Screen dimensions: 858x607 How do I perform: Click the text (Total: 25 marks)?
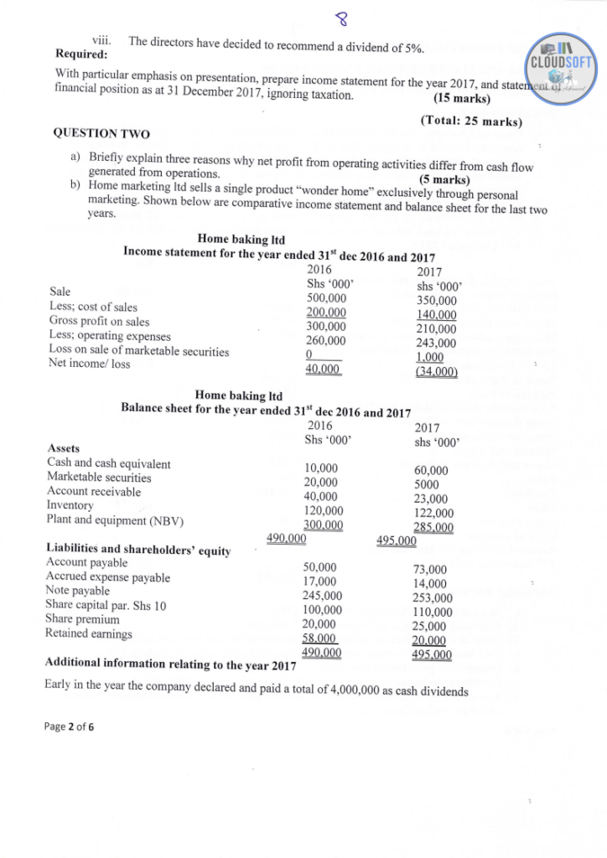click(470, 121)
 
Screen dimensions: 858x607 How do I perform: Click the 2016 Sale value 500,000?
click(326, 297)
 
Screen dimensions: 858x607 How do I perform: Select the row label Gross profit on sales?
click(100, 321)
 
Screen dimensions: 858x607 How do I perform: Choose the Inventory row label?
click(70, 505)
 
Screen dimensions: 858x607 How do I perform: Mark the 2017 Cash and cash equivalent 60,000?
click(431, 470)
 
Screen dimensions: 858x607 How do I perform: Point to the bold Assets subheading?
click(63, 449)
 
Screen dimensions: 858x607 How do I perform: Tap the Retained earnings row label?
click(88, 633)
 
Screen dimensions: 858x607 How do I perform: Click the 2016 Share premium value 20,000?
click(319, 623)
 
